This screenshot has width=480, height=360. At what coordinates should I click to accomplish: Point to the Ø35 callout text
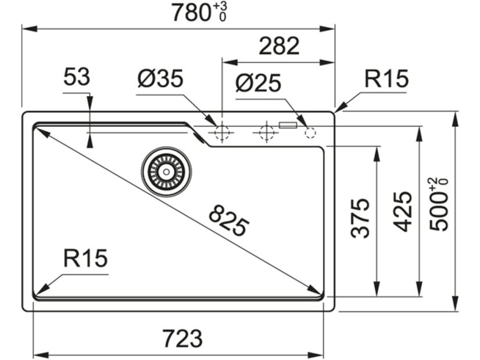[160, 79]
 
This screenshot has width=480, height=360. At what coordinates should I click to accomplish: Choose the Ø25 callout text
[258, 84]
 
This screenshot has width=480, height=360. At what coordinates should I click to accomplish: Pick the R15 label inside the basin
[85, 258]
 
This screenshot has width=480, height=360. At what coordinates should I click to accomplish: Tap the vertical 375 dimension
[361, 218]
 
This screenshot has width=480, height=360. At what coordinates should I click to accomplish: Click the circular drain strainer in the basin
[166, 171]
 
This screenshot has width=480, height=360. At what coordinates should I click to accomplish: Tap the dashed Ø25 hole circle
[310, 133]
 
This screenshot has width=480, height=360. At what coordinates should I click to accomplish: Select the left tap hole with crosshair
[221, 133]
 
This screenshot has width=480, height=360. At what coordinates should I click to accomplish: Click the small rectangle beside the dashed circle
[288, 124]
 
